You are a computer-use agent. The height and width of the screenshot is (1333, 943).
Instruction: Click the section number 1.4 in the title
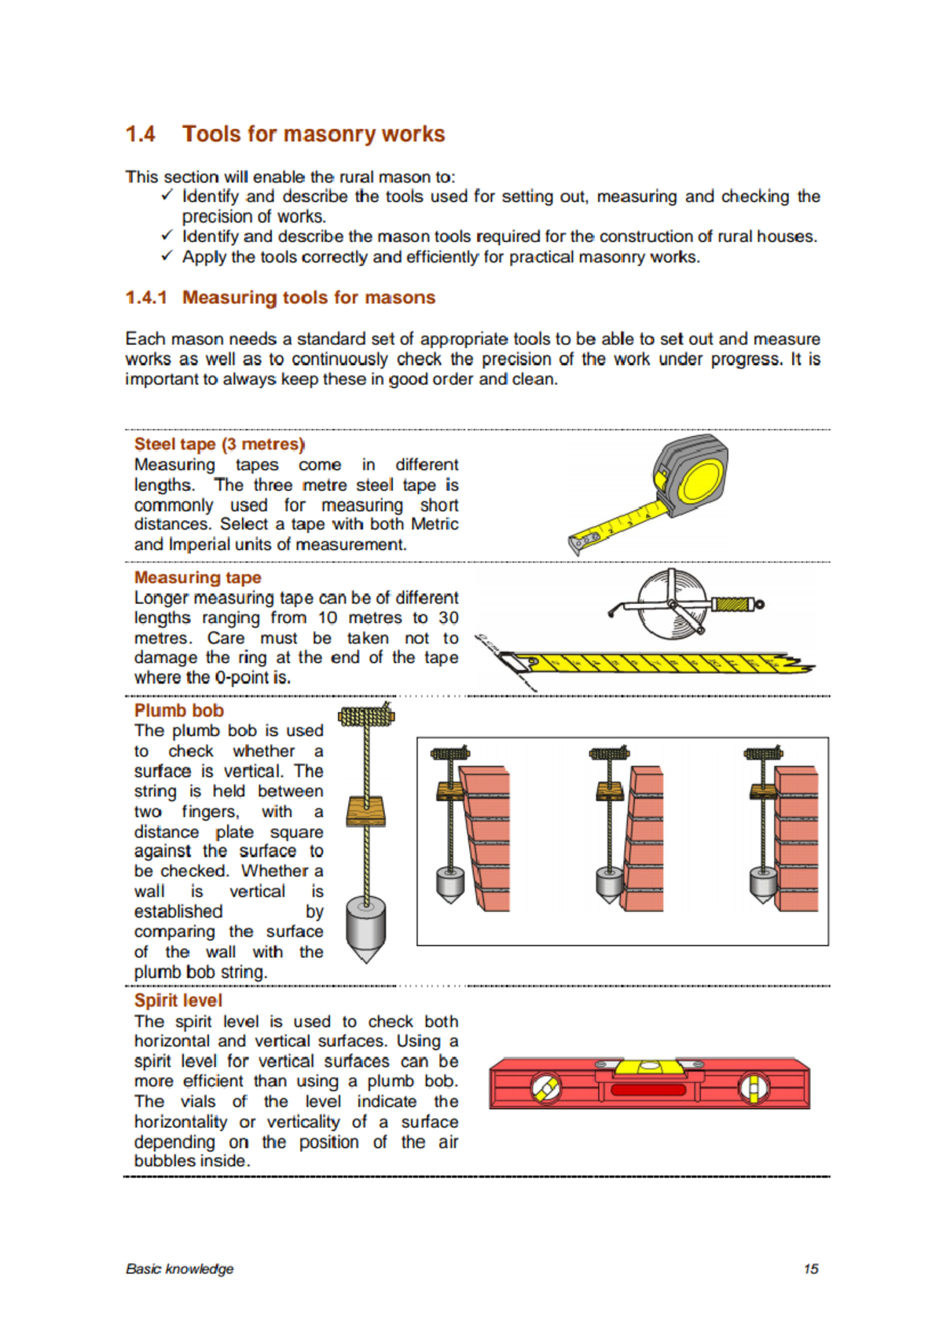[141, 134]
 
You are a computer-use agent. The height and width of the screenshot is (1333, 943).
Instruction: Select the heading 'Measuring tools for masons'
[308, 298]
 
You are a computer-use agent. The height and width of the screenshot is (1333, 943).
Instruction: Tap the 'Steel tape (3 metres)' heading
[219, 445]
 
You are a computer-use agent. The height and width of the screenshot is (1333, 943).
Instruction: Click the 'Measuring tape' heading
[197, 577]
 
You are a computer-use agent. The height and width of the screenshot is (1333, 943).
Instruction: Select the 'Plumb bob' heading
[178, 710]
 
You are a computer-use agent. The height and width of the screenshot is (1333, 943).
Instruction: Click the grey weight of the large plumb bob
[365, 928]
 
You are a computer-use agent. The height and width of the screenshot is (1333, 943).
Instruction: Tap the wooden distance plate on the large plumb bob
[365, 810]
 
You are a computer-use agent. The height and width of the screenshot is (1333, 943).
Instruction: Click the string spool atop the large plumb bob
[366, 716]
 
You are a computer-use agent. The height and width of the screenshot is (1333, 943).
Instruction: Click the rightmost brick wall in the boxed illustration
[796, 840]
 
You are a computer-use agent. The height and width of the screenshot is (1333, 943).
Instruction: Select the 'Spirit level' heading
[178, 1000]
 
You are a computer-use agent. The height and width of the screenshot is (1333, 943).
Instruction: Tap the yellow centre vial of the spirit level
[648, 1066]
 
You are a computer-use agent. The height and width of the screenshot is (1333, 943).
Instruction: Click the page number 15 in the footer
[811, 1268]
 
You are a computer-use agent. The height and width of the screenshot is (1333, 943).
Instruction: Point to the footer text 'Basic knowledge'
[179, 1268]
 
